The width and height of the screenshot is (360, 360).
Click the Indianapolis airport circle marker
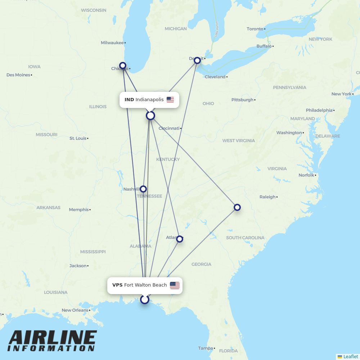[150, 116]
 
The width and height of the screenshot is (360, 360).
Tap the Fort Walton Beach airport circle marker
[145, 300]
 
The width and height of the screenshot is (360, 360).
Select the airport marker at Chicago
[123, 66]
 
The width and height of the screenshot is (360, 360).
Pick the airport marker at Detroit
[197, 60]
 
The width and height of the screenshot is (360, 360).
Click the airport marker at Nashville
[143, 189]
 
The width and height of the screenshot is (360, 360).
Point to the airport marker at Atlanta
[180, 239]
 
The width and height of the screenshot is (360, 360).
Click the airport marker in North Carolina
[237, 207]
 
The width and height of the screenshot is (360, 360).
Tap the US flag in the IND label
[170, 100]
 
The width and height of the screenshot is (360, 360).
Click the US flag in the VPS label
[175, 285]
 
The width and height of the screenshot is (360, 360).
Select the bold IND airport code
[129, 100]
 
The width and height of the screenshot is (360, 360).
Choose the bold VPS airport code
[117, 285]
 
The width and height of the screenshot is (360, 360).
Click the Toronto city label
[255, 29]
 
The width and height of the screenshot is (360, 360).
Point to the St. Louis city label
[78, 138]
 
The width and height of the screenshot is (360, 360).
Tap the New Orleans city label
[75, 310]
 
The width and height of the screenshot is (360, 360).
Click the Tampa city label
[205, 348]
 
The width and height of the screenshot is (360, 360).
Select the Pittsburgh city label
[242, 100]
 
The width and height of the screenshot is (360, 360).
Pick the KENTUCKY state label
[168, 159]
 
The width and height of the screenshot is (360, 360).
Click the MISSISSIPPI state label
[93, 252]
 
